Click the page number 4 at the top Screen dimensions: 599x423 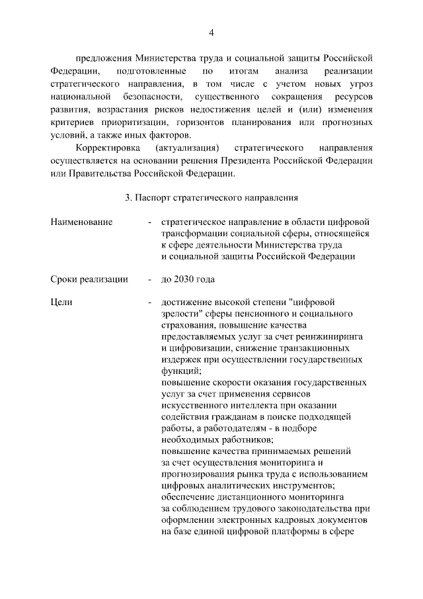(x=211, y=32)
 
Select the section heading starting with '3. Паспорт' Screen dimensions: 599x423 (x=211, y=197)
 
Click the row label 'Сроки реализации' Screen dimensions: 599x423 (x=89, y=279)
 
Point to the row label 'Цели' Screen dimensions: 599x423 (x=61, y=302)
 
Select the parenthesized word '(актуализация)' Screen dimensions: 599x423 (x=187, y=147)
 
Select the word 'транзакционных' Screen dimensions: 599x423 (x=329, y=348)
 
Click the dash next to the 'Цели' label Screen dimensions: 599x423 (x=151, y=302)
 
